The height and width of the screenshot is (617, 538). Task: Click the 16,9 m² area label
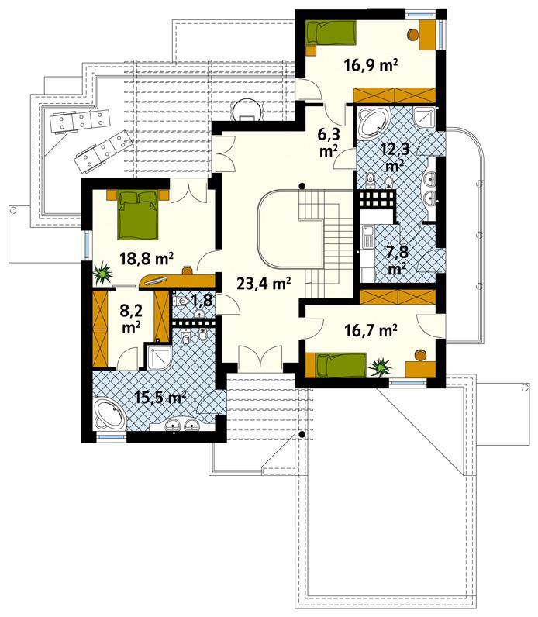[x=371, y=66]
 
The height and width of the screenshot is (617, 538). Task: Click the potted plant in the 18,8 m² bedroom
[x=102, y=273]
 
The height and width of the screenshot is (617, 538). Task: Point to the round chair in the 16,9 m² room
[x=413, y=34]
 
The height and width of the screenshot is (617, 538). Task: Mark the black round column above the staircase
[x=302, y=184]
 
